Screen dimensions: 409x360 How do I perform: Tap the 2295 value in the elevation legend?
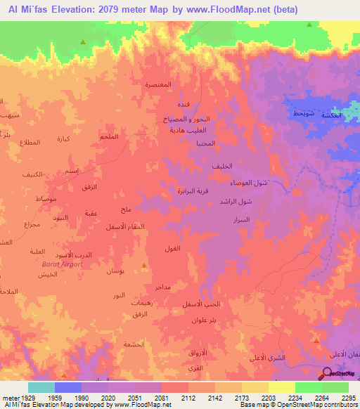point(349,397)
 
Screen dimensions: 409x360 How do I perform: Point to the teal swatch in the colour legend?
point(41,387)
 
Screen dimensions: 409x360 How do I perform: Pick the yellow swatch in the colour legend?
point(281,387)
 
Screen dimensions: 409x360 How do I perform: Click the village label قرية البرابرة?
point(191,190)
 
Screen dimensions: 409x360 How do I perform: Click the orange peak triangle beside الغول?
point(144,266)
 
